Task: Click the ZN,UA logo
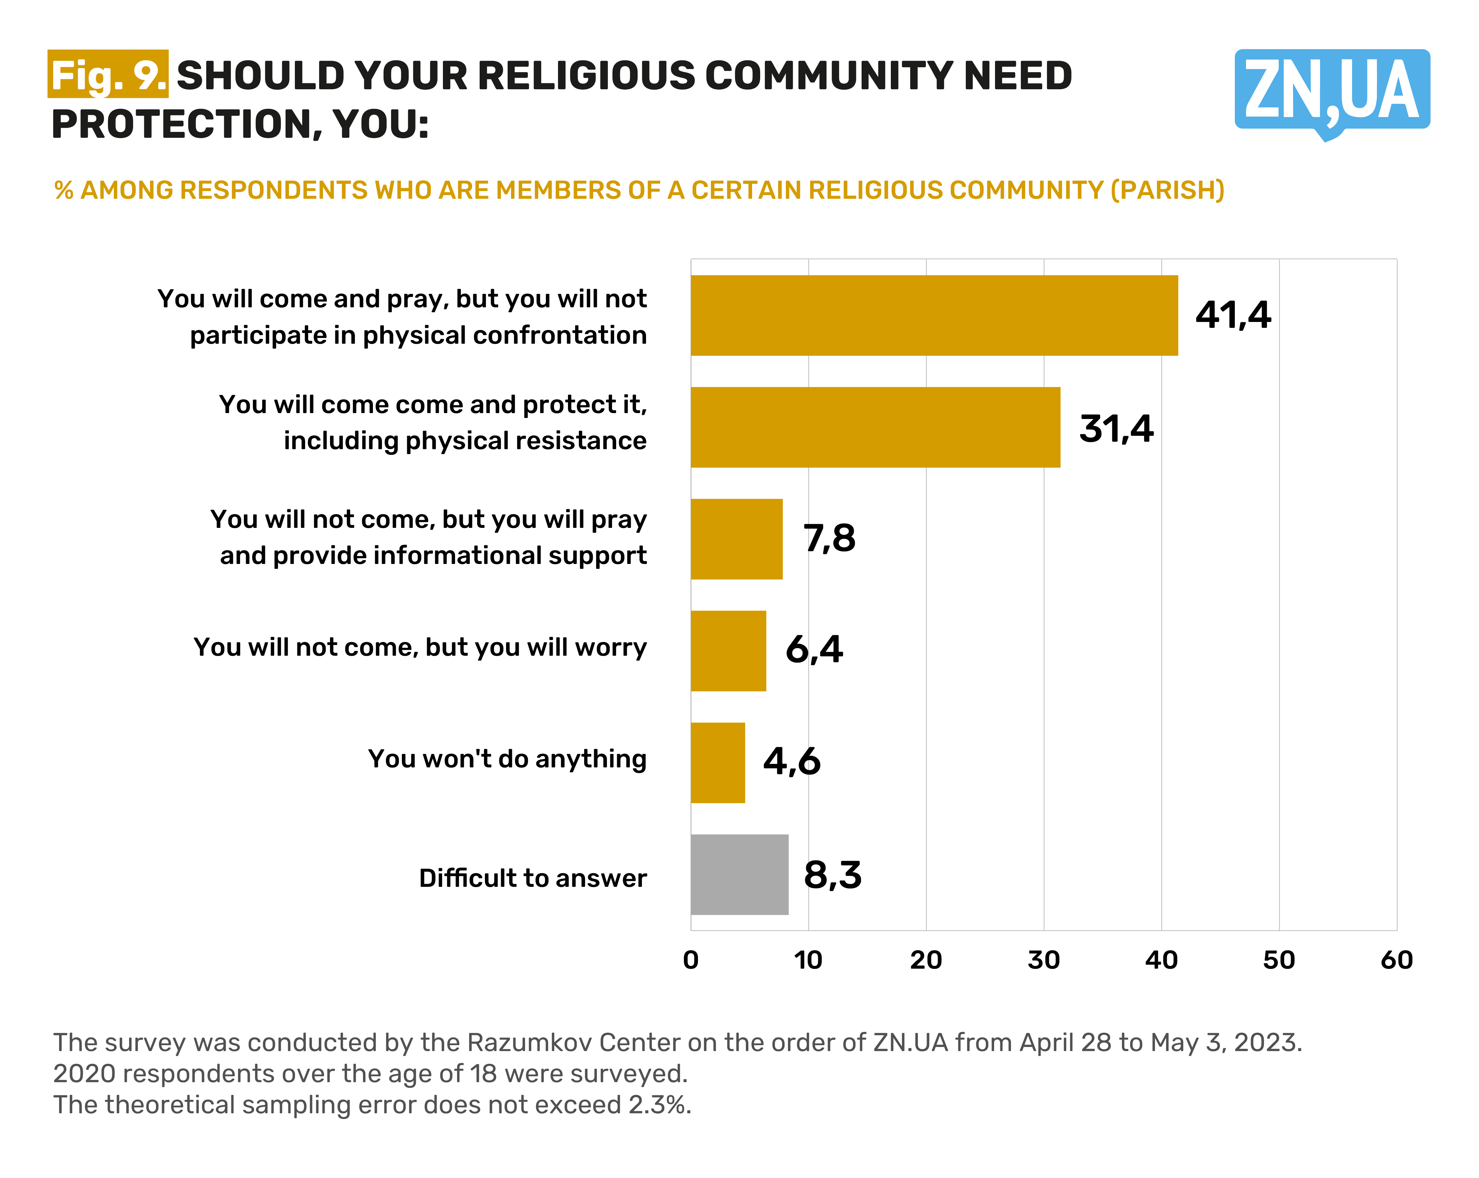(x=1332, y=91)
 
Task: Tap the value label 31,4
(x=1116, y=429)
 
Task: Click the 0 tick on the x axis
(x=691, y=960)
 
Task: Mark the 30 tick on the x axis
(x=1044, y=960)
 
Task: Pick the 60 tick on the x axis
(x=1396, y=960)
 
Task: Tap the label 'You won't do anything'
(x=507, y=759)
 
